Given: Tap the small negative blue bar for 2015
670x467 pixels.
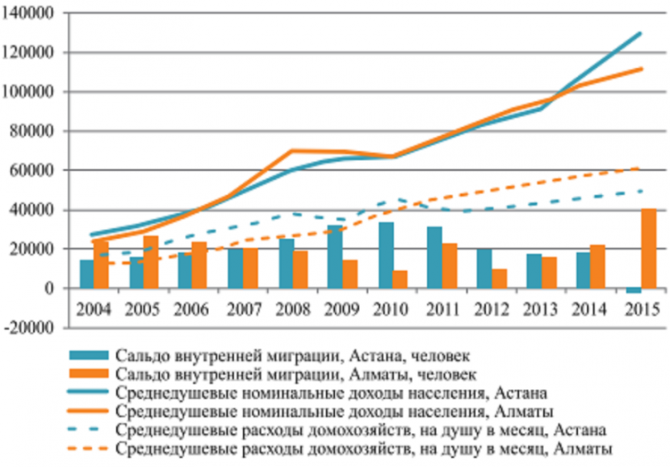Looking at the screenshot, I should [x=633, y=291].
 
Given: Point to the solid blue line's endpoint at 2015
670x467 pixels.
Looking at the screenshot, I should [x=641, y=33].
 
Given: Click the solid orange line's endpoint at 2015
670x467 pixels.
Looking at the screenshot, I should [x=641, y=69].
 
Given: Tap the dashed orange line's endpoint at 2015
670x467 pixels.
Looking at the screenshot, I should [x=641, y=167].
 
